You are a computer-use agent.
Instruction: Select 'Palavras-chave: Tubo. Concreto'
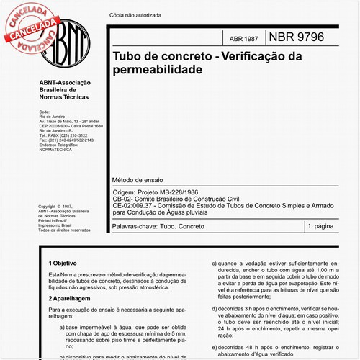point(166,226)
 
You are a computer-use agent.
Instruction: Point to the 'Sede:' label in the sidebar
point(44,113)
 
